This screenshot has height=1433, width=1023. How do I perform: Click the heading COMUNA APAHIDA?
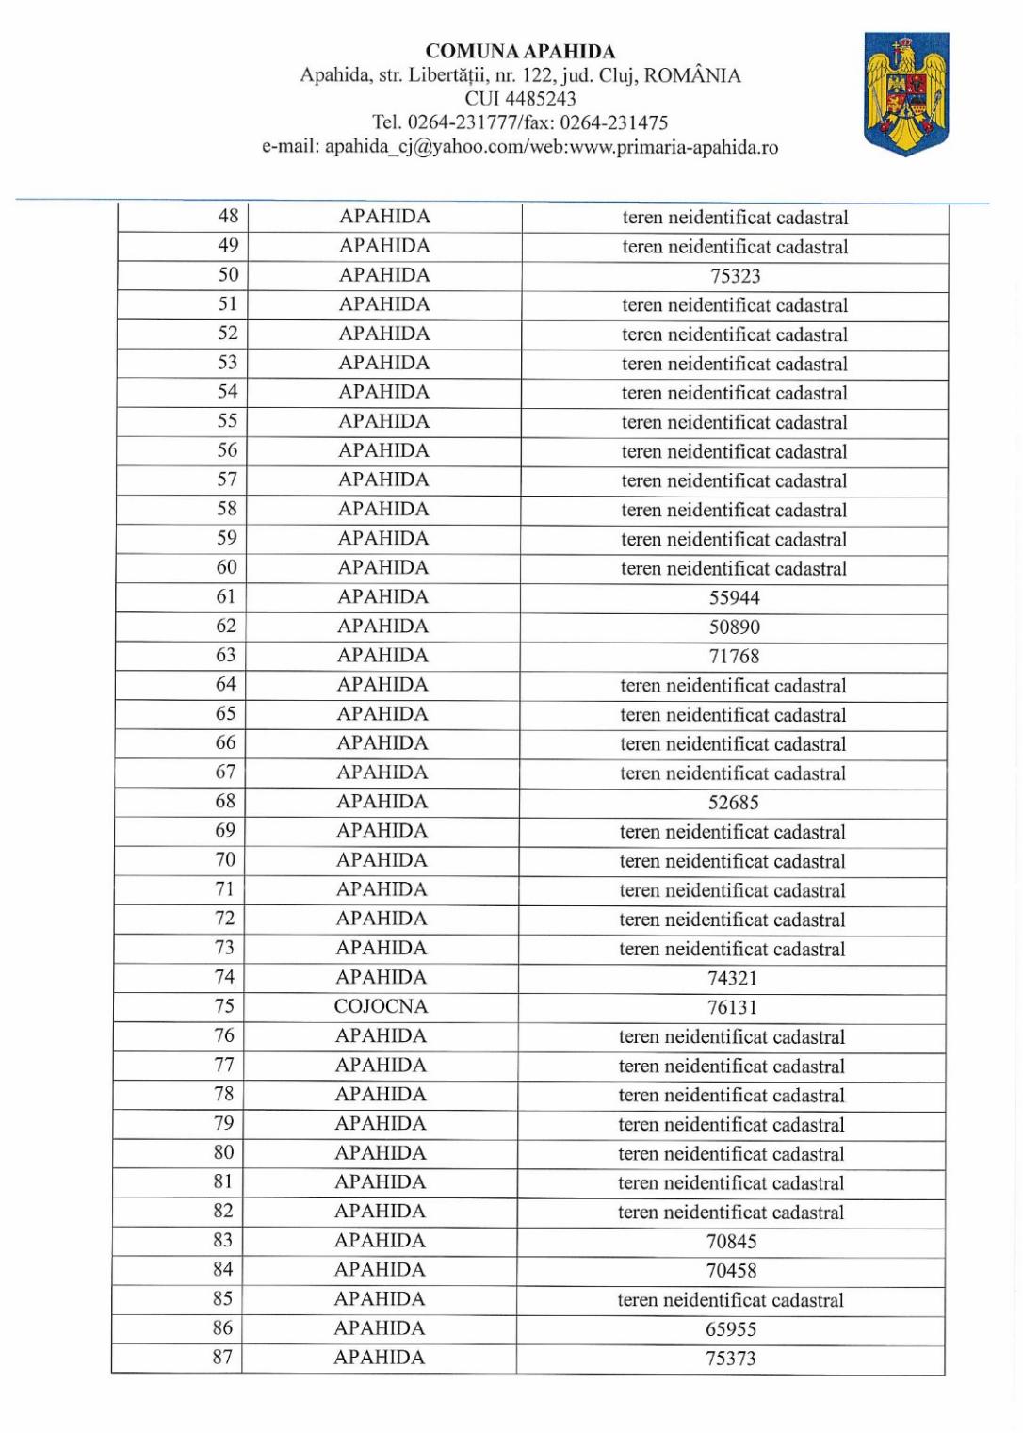[520, 52]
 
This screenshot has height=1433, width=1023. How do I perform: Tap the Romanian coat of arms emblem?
[906, 93]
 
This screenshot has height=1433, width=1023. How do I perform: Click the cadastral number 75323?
[735, 276]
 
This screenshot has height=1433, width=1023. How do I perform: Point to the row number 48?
[228, 216]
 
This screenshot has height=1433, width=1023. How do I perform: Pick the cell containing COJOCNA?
[381, 1006]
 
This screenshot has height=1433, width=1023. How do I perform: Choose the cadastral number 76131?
[732, 1007]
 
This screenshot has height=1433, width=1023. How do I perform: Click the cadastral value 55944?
[735, 597]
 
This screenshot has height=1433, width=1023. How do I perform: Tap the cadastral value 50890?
[735, 627]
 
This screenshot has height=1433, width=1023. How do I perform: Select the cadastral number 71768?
[735, 656]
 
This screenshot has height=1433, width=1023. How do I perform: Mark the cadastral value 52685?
[734, 803]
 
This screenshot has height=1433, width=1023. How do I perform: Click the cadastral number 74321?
[733, 978]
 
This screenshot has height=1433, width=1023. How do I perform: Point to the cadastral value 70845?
[732, 1242]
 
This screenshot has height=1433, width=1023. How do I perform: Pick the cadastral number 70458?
[732, 1271]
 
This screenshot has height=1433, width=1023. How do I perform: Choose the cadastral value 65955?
[731, 1329]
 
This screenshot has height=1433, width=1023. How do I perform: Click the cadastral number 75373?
[731, 1359]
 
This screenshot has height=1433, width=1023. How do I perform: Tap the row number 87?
[222, 1357]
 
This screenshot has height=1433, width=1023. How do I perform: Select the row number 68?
[225, 801]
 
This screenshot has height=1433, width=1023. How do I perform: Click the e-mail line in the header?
[520, 147]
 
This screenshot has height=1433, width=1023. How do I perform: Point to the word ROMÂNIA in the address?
[692, 75]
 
